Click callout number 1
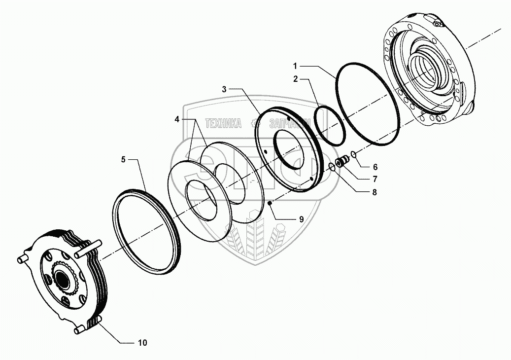[x=295, y=66]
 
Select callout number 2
[x=295, y=78]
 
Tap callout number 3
[x=224, y=89]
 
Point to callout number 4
[x=177, y=119]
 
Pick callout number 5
[x=124, y=159]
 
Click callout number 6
[x=375, y=167]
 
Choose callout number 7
[x=375, y=179]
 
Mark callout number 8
[x=375, y=192]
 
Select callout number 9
[x=301, y=218]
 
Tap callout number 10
[x=142, y=342]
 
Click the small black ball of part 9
[x=270, y=202]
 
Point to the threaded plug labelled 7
[x=341, y=161]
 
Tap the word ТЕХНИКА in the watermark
[x=223, y=124]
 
